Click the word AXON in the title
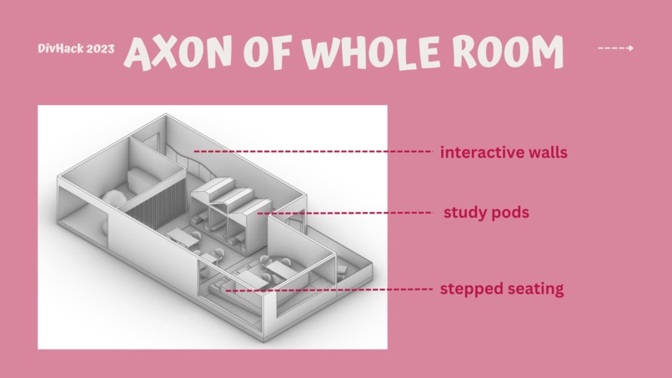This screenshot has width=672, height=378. [x=178, y=53]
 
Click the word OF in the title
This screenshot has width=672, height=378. [x=267, y=53]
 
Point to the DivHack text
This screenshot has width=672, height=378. [x=61, y=48]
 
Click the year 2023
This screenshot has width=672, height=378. [x=101, y=48]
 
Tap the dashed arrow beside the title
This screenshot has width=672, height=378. [x=615, y=48]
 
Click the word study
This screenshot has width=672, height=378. [x=464, y=213]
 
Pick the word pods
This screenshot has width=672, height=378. [x=510, y=212]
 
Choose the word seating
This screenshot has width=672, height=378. [x=534, y=289]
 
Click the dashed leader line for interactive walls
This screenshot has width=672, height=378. [x=313, y=152]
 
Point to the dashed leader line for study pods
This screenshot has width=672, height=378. [x=344, y=213]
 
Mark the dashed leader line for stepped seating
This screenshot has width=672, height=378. [x=329, y=290]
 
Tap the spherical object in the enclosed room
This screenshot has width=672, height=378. [x=114, y=199]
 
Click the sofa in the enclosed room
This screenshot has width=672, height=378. [x=141, y=179]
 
